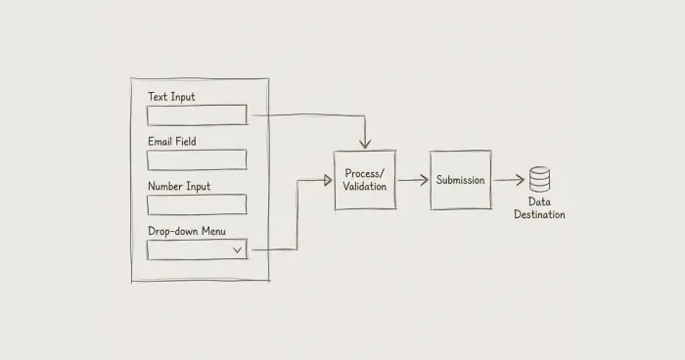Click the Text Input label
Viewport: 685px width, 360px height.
point(171,97)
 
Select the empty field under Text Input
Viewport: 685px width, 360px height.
point(197,114)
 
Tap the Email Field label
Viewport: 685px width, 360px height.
point(171,141)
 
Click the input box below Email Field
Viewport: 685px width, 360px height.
point(197,159)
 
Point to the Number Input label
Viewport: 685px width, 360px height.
point(179,187)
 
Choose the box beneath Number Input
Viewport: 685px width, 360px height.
point(197,204)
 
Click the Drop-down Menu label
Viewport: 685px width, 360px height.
point(187,231)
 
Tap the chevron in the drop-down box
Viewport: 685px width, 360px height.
point(237,249)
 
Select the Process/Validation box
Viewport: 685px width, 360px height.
point(365,180)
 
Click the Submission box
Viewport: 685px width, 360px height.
point(461,180)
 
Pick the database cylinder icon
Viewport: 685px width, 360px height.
point(539,179)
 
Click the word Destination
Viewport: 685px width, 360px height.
point(539,214)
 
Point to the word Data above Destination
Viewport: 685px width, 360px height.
point(539,202)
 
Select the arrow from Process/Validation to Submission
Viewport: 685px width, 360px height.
point(413,180)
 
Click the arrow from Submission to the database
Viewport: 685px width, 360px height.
point(509,180)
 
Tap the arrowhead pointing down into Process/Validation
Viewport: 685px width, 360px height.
point(365,144)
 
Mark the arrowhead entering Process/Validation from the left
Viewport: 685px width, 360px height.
point(328,180)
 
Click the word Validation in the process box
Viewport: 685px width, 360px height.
point(365,187)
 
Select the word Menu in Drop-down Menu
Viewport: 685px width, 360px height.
point(213,231)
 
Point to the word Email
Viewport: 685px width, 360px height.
point(160,141)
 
